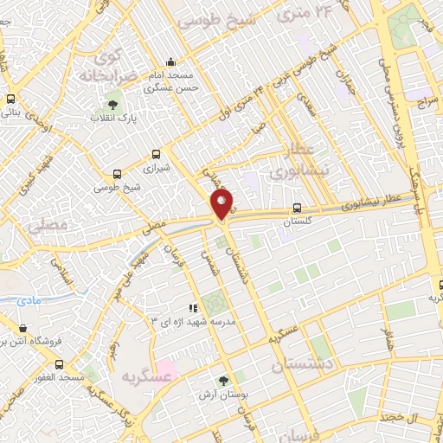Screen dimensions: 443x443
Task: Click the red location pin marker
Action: pos(223,204)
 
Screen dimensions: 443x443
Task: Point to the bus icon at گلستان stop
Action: pos(297,209)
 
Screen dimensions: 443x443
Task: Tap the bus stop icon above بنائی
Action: pos(10,99)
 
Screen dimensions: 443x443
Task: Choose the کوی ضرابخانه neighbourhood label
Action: pos(111,66)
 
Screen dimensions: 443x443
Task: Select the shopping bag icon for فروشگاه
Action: pos(22,329)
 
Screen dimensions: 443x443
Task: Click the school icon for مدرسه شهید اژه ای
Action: pos(194,307)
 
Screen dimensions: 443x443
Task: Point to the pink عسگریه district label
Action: pos(143,376)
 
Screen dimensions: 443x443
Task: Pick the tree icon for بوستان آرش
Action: pos(224,382)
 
